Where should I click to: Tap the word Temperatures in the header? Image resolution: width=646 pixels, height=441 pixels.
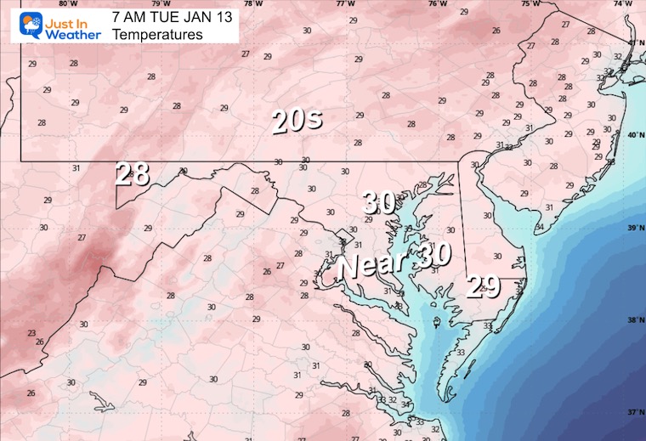click(157, 35)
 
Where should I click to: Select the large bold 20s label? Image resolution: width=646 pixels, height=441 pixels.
click(297, 122)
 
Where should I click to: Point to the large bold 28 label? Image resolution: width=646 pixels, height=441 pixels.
click(133, 173)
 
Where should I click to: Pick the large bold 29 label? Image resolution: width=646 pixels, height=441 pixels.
click(484, 287)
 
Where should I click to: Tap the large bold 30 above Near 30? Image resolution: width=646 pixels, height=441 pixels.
click(379, 202)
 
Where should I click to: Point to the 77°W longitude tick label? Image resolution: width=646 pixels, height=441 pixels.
click(345, 4)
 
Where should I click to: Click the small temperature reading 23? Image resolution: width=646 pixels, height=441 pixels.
click(31, 333)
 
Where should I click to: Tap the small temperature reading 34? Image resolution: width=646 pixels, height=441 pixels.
click(539, 228)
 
